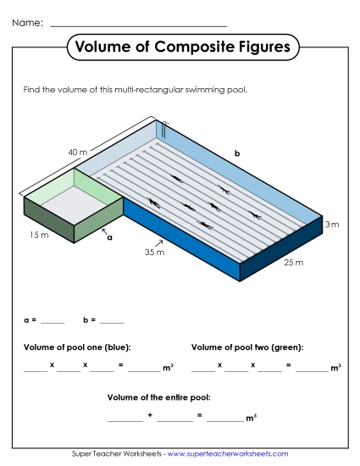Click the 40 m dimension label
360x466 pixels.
point(78,153)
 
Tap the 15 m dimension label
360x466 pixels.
point(37,234)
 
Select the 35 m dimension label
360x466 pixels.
point(154,252)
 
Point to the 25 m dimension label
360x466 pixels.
point(293,262)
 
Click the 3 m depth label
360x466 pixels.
point(332,225)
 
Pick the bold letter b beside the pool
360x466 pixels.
point(237,153)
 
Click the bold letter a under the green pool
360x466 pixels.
point(109,238)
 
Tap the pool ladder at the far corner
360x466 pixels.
point(164,130)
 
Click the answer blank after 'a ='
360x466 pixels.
point(53,321)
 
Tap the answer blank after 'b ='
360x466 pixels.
point(112,321)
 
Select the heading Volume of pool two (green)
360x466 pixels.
point(247,347)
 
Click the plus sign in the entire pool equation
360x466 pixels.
point(150,415)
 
